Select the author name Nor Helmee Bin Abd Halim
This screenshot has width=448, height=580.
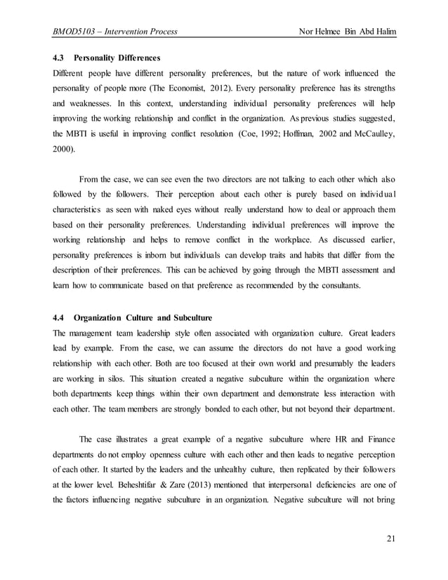(x=347, y=32)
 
